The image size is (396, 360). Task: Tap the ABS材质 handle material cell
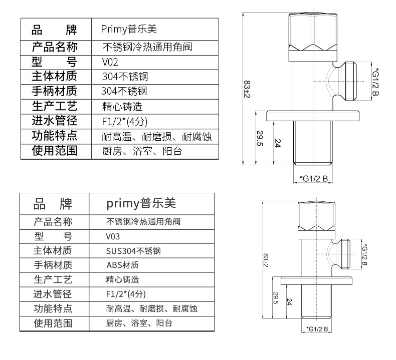[122, 265]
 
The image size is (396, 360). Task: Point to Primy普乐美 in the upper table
[131, 30]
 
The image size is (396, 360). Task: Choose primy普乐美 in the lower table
[141, 204]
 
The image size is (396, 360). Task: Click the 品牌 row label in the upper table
[55, 30]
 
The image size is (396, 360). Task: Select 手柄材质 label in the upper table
[55, 91]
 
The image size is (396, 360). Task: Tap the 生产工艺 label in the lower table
[53, 279]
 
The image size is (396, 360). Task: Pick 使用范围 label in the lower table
[53, 323]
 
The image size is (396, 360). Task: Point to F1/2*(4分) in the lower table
[126, 294]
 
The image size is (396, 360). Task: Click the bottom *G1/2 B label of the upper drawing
[313, 178]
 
